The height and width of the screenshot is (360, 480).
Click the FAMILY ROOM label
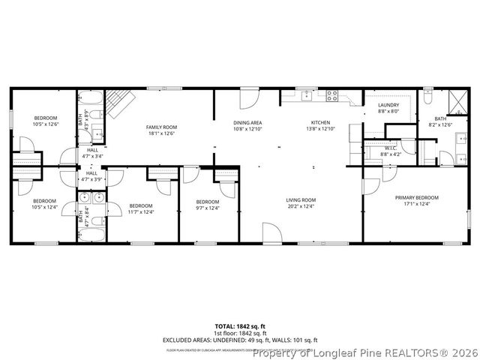[160, 127]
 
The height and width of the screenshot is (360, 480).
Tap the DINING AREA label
[247, 122]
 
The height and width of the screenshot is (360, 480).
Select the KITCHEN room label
[320, 122]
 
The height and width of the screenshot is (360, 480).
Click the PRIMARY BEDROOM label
[417, 197]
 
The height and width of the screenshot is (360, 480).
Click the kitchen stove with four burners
[331, 95]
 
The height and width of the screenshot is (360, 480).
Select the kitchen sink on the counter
[307, 95]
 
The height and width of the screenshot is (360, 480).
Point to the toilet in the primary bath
[427, 97]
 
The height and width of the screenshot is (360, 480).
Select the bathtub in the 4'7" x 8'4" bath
[91, 232]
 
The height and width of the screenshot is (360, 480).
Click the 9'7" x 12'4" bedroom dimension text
[207, 208]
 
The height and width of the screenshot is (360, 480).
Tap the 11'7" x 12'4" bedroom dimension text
[141, 211]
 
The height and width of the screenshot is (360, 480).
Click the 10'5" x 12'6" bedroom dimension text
[44, 124]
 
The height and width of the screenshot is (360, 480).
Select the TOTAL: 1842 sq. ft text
[240, 326]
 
